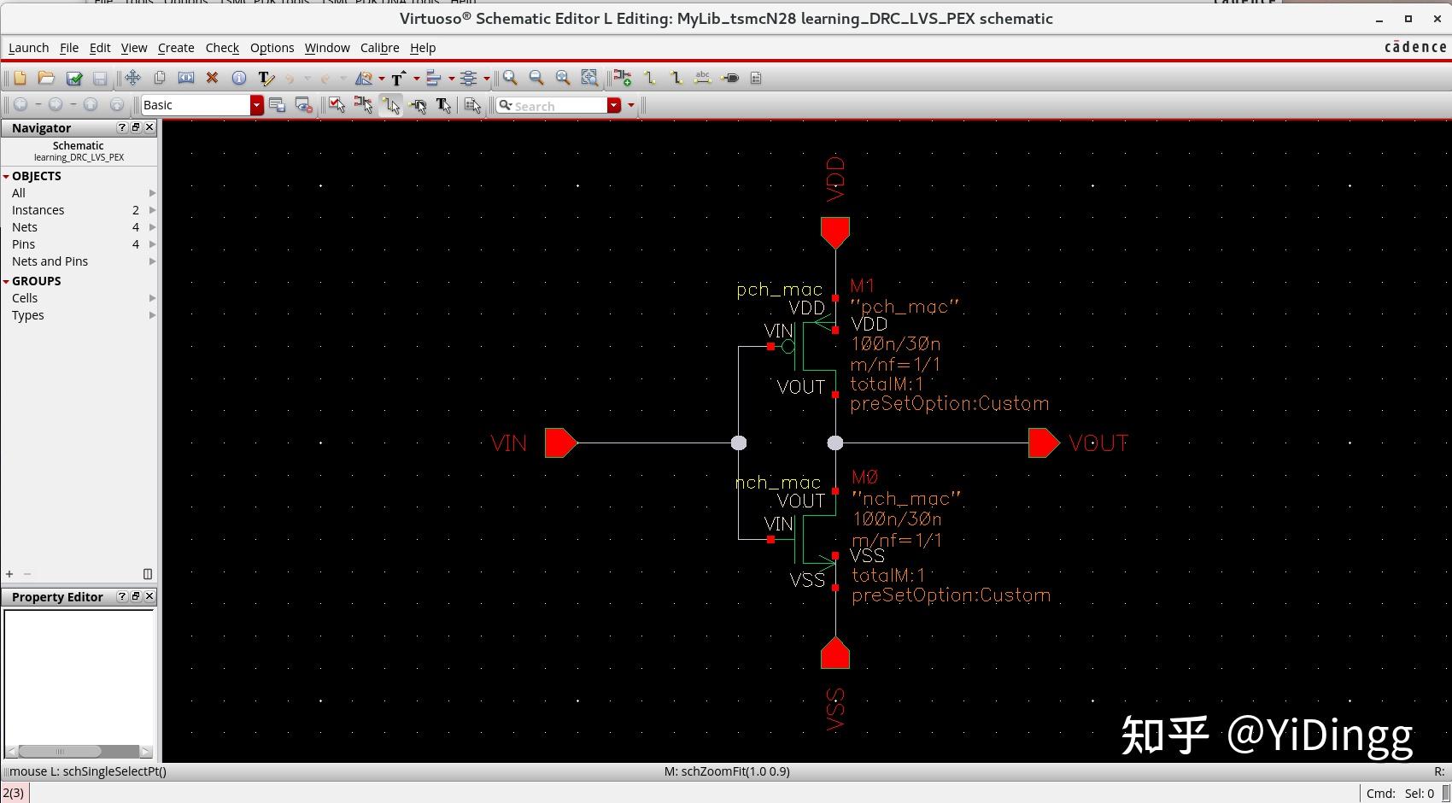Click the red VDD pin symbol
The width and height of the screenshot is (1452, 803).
835,232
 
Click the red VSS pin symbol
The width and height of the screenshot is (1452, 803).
835,654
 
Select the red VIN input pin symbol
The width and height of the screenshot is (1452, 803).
560,443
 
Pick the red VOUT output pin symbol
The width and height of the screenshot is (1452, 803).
1043,443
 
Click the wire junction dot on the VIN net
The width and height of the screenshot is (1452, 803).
739,443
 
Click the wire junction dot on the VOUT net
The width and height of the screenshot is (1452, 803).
835,443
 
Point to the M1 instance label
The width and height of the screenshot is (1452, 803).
862,286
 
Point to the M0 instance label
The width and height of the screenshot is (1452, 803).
864,478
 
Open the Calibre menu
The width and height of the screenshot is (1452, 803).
379,48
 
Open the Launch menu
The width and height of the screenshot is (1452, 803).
28,48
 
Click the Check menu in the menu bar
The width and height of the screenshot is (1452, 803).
222,48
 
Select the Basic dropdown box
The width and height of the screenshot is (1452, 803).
196,105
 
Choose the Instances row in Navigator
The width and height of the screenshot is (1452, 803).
38,210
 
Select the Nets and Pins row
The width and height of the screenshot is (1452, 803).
50,261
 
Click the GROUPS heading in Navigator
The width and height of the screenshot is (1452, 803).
36,281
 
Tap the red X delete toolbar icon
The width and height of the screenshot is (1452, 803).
212,78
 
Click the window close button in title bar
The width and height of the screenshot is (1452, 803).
1437,19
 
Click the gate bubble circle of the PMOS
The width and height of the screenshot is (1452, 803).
788,347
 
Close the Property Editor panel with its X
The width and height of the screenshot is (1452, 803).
149,596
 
